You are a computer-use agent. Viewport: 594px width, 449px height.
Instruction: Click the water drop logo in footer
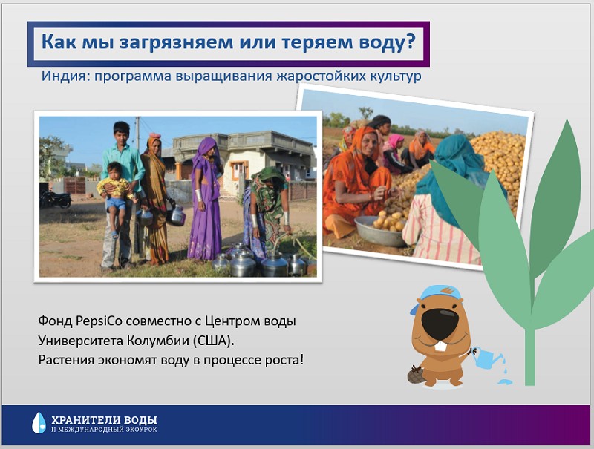click(39, 422)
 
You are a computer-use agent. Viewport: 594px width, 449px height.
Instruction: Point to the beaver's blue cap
click(436, 296)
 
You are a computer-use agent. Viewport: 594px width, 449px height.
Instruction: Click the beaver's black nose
click(440, 323)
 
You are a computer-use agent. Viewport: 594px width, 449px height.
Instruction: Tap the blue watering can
click(486, 357)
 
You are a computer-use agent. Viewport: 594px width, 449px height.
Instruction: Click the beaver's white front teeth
click(440, 347)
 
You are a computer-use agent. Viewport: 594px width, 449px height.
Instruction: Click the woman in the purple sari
click(205, 200)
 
